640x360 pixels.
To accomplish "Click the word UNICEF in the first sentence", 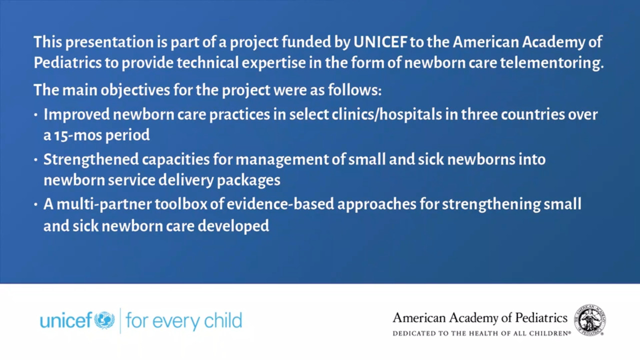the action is click(380, 42).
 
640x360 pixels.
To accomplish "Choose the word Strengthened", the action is click(91, 159).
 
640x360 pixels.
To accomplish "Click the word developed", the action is click(233, 226).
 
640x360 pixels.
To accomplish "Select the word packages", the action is click(248, 180).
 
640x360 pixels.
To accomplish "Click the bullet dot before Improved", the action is click(35, 115).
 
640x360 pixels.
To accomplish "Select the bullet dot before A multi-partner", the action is click(35, 204).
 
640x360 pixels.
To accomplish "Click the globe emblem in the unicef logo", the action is click(104, 320).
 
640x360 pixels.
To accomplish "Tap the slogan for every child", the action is click(183, 320).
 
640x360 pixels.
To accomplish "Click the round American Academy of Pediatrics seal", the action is click(590, 320).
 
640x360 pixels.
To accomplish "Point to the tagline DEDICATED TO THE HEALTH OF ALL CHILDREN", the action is click(481, 333).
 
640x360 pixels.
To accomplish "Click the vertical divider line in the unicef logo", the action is click(120, 320).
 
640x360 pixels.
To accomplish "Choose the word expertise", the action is click(273, 63).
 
